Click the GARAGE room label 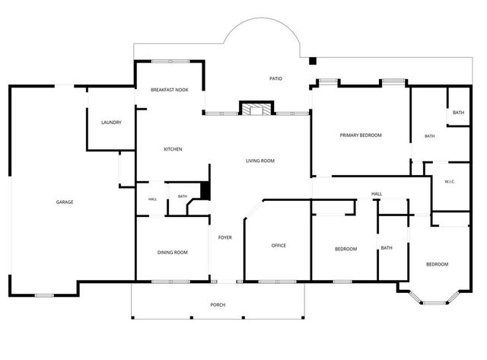(x=65, y=202)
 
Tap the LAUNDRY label (x=111, y=123)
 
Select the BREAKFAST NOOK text (x=170, y=90)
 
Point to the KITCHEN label (x=173, y=149)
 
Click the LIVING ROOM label (x=260, y=161)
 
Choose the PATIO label (x=275, y=78)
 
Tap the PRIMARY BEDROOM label (x=361, y=135)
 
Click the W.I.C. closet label (x=450, y=182)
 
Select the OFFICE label (x=279, y=245)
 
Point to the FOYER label (x=225, y=237)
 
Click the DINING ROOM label (x=173, y=252)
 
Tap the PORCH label (x=218, y=304)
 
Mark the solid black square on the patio (x=313, y=61)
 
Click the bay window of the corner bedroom (x=434, y=299)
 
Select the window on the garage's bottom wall (x=44, y=295)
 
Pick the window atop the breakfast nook (x=170, y=61)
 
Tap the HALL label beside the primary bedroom (x=377, y=194)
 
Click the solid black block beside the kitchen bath (x=205, y=191)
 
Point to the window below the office (x=277, y=282)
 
